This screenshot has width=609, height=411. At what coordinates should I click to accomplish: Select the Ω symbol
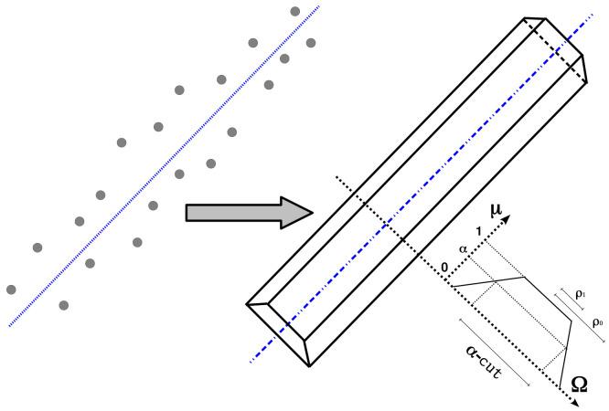click(580, 386)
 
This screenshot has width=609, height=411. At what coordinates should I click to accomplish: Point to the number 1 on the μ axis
click(468, 233)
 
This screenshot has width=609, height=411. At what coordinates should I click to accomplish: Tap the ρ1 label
click(581, 294)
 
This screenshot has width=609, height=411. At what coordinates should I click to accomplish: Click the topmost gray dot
click(294, 11)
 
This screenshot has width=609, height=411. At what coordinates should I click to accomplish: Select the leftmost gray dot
click(11, 290)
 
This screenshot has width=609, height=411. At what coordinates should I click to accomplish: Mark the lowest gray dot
click(63, 304)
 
